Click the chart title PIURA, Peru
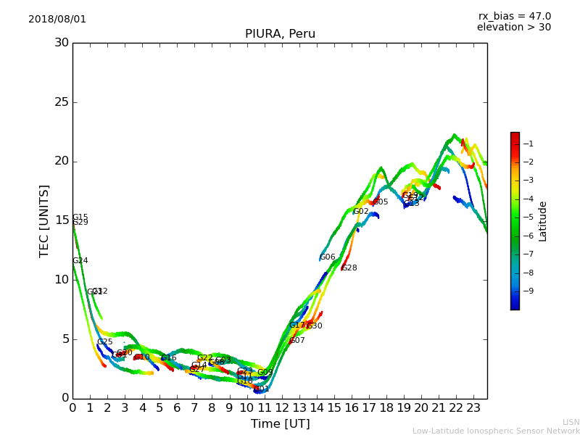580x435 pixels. point(280,34)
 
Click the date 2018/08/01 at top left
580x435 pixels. point(57,20)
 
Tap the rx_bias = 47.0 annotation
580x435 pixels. point(514,17)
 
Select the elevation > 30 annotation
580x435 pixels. point(513,28)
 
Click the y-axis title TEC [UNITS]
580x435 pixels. point(45,220)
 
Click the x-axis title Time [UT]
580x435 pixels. point(280,424)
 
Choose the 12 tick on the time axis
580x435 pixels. point(281,407)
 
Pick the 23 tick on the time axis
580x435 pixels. point(473,407)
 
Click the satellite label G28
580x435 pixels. point(349,268)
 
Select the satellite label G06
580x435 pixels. point(328,257)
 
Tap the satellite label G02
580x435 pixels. point(361,212)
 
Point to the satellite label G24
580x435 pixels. point(80,261)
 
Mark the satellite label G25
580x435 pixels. point(105,342)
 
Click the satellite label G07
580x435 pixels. point(297,341)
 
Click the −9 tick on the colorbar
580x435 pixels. point(529,291)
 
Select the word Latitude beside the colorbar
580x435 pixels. point(543,220)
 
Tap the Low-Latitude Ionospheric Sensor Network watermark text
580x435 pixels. point(496,431)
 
